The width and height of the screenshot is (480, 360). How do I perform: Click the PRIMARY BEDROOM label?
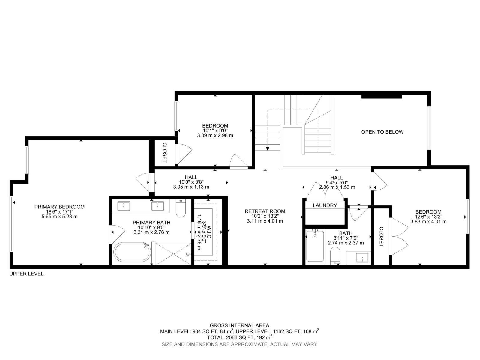pos(59,207)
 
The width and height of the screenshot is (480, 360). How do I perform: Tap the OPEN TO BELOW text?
pos(382,132)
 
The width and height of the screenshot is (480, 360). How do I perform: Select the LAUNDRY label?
pos(325,205)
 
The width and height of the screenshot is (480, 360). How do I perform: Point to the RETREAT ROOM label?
pos(265,211)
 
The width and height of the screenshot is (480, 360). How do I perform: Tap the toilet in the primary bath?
pos(181,208)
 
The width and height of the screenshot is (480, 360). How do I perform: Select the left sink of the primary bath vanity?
pos(124,206)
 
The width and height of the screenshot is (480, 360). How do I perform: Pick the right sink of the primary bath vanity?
pos(158,206)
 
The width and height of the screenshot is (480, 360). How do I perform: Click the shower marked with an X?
pos(173,254)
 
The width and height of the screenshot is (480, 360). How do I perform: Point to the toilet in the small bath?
pos(335,256)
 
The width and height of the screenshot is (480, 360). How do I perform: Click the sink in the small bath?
pos(362,258)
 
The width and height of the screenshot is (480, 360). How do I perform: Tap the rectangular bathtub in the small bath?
pos(315,246)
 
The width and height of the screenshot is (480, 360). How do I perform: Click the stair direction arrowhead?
pos(268,149)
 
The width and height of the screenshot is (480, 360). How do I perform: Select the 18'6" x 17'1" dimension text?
pos(59,212)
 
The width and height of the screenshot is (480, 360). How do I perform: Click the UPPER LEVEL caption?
pos(26,274)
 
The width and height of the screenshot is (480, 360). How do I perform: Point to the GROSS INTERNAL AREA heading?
pos(239,326)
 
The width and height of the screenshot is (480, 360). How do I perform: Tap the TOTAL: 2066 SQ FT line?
pos(239,337)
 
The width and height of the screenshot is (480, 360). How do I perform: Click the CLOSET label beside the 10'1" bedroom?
pos(165,153)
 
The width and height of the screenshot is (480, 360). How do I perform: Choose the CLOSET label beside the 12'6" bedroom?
pos(381,237)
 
